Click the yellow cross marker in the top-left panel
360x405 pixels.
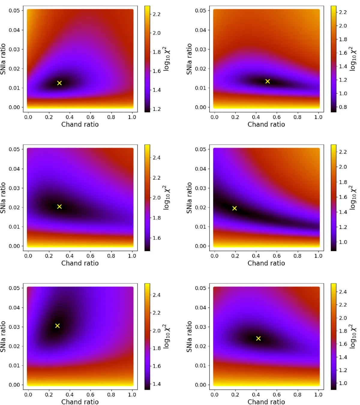[x=59, y=83]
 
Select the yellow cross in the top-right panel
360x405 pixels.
[x=268, y=81]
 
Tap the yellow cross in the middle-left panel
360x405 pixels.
[x=59, y=206]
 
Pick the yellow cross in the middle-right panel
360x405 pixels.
[x=235, y=208]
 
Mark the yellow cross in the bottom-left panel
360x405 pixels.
[x=57, y=325]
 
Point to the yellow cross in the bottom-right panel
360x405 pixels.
[x=258, y=338]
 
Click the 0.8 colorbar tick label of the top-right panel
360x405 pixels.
[x=343, y=107]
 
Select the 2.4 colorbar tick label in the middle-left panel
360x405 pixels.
[x=157, y=158]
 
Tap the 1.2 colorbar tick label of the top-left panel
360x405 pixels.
[x=157, y=109]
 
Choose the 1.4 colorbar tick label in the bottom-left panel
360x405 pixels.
[x=157, y=384]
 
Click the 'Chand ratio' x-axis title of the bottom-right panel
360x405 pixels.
[x=266, y=402]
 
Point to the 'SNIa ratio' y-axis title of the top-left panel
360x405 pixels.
[x=3, y=59]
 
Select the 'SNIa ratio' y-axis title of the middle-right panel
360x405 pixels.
[x=189, y=198]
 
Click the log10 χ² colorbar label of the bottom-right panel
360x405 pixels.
[x=353, y=336]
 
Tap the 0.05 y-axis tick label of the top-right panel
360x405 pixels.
[x=200, y=10]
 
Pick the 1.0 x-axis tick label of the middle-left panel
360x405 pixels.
[x=132, y=256]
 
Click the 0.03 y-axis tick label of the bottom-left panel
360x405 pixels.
[x=14, y=327]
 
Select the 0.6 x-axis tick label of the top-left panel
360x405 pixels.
[x=90, y=117]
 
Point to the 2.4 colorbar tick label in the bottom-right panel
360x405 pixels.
[x=343, y=292]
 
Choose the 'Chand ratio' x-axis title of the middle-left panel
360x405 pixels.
[x=80, y=263]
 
